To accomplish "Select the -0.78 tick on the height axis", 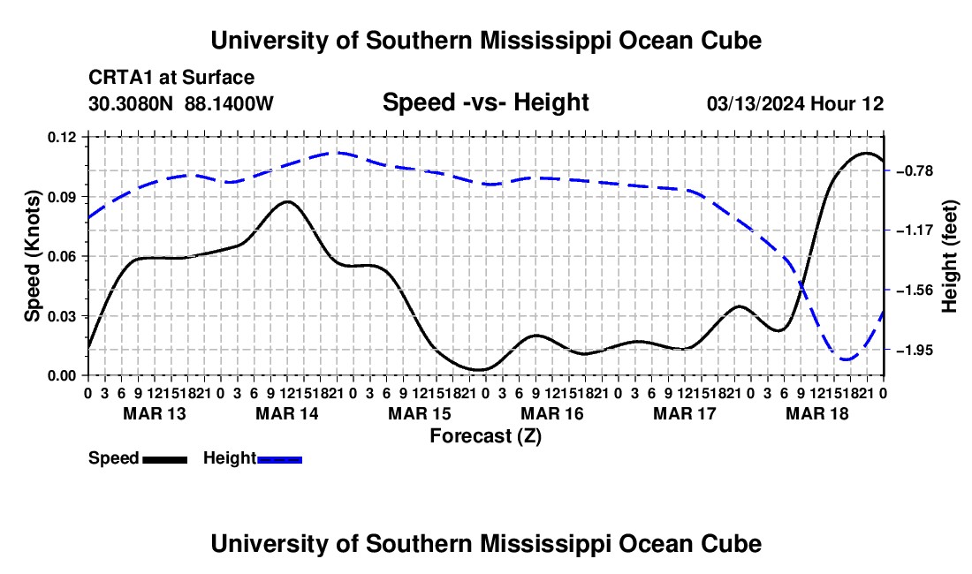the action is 915,171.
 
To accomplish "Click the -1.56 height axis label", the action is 915,291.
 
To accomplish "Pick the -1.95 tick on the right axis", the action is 915,351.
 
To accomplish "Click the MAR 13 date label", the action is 155,413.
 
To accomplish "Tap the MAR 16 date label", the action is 551,413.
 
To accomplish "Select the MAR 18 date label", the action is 817,413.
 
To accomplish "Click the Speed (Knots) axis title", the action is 32,256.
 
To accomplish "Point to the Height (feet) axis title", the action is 950,256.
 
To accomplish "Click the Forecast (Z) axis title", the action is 485,436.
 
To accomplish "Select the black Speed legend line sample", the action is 165,460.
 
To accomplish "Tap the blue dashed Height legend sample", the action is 279,460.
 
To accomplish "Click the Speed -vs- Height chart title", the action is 485,102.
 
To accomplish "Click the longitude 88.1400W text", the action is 229,103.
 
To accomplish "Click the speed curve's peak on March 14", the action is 288,201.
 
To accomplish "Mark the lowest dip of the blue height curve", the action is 845,359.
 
